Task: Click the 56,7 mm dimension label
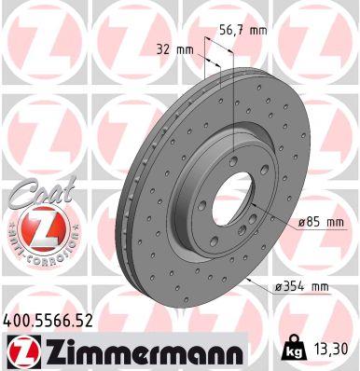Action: click(239, 30)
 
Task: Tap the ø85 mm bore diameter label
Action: click(321, 222)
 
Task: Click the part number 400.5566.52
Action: click(53, 320)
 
